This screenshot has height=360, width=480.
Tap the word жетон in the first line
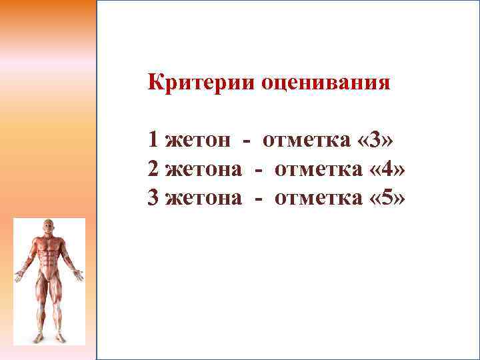coord(198,141)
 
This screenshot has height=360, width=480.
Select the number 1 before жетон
coord(154,141)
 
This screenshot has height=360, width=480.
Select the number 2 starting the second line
coord(154,170)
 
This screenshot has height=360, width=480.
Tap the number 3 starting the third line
coord(154,199)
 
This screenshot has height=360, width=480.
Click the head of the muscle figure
coord(49,227)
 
